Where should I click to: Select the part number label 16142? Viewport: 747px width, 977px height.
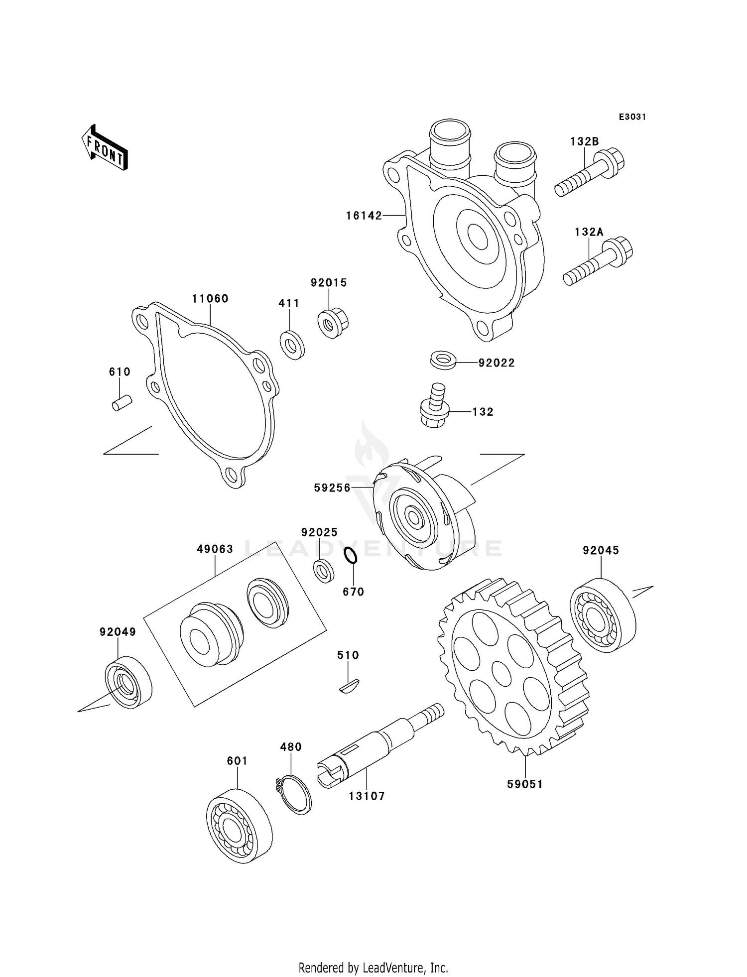(x=364, y=216)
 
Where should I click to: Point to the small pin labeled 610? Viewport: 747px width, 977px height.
(x=121, y=402)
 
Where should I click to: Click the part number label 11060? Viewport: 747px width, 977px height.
(x=210, y=299)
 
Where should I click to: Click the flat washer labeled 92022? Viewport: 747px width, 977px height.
(x=443, y=360)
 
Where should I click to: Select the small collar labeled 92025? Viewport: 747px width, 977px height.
(x=324, y=571)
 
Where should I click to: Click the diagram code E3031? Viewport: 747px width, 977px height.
(x=632, y=117)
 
